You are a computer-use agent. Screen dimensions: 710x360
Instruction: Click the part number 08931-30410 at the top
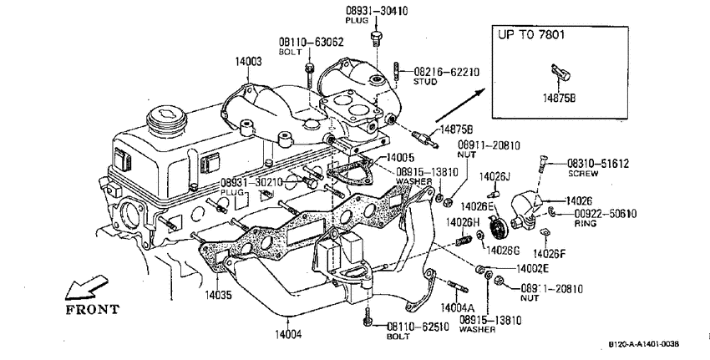click(377, 10)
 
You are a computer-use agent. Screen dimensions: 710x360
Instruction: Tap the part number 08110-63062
click(311, 42)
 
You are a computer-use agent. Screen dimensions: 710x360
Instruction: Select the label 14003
click(248, 62)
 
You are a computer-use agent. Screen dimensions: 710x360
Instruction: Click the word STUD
click(425, 82)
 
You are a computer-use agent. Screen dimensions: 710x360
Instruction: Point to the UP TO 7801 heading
click(531, 35)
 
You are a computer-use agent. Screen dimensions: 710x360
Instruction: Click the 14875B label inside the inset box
click(559, 98)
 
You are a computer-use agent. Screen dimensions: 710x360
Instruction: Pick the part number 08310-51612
click(598, 164)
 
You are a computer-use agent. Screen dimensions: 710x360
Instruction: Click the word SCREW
click(583, 174)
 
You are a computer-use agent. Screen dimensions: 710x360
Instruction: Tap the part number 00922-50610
click(606, 214)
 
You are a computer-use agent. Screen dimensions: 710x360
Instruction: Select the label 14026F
click(550, 254)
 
